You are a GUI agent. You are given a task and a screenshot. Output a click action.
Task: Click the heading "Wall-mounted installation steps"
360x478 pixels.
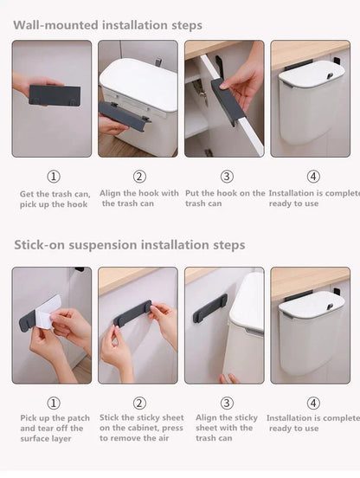107,25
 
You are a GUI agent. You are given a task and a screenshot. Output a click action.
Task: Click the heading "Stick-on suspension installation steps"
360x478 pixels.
129,245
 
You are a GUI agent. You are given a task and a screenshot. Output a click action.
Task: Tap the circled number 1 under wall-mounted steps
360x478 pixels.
53,177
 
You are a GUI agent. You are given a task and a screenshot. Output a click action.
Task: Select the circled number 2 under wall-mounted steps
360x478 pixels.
140,177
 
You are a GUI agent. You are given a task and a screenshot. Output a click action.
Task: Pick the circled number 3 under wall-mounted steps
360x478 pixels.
227,177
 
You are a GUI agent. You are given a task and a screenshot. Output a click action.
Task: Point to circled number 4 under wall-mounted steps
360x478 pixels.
312,177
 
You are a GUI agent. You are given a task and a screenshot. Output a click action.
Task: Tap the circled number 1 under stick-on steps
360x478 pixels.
53,403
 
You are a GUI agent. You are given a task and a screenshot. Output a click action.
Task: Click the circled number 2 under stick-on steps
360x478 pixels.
140,403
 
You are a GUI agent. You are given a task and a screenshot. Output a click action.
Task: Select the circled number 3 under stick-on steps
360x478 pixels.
227,403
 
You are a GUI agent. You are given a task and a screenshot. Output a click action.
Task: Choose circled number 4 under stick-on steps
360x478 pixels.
312,403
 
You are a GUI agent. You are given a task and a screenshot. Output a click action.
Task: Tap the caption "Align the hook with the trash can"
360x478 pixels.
139,198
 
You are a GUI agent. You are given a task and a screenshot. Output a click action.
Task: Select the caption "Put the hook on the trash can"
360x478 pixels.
225,198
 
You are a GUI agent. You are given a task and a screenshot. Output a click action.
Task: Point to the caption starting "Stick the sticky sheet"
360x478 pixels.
139,428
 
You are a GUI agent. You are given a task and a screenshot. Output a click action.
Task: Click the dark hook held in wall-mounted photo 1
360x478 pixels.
55,95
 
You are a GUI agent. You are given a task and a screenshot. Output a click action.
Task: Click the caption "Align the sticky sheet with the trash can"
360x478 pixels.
225,428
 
